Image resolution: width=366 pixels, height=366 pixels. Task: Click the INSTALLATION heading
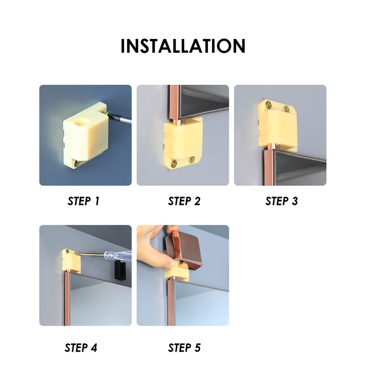[183, 46]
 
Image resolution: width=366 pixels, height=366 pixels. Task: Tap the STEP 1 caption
[83, 201]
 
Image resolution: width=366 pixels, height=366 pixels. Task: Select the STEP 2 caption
[184, 201]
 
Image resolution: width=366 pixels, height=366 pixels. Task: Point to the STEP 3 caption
[282, 201]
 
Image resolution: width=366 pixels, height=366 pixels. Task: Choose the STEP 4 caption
[81, 347]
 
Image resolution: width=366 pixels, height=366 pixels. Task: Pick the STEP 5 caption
[184, 347]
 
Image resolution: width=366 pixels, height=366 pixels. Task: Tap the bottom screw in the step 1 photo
[77, 164]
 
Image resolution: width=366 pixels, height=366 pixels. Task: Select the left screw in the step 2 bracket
[174, 164]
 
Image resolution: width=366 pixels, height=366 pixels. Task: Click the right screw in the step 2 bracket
[192, 160]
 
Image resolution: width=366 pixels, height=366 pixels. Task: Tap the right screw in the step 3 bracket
[286, 109]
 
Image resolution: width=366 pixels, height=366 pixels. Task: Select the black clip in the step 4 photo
[120, 271]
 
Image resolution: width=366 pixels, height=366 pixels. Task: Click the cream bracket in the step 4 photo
[71, 261]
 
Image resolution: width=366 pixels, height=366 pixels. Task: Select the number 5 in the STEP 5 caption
[197, 347]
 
